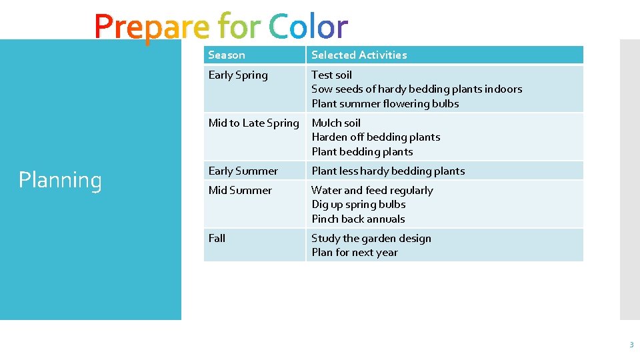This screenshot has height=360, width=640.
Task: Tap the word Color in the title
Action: point(308,27)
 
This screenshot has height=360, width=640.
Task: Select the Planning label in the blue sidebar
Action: point(60,180)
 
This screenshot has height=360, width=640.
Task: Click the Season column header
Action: point(227,55)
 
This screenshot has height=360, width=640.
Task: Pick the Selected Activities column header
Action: point(359,55)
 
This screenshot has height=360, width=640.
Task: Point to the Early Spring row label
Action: point(238,75)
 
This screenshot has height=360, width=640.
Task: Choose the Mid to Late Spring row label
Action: point(253,123)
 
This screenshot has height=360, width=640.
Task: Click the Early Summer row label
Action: point(243,171)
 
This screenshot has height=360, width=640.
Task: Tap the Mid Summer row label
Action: point(240,191)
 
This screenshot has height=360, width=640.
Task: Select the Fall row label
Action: point(217,239)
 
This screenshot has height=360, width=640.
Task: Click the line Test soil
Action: point(331,75)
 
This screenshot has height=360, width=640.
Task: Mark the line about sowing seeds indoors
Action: point(417,89)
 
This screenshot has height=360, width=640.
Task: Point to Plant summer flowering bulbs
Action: point(385,104)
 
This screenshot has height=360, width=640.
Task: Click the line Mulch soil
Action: point(336,123)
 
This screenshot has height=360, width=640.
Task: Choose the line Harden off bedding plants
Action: point(375,137)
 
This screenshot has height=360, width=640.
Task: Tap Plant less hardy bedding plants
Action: point(388,171)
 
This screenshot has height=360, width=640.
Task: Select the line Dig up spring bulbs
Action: point(358,205)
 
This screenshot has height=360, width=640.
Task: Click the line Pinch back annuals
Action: point(358,219)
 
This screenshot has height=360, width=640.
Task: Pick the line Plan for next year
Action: point(354,253)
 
